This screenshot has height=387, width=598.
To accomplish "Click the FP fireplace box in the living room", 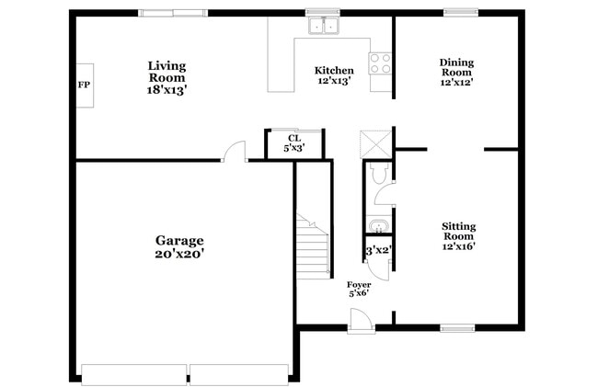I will [x=84, y=85].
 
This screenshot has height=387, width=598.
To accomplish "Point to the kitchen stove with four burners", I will [x=380, y=63].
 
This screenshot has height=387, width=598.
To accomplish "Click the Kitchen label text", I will [x=333, y=71].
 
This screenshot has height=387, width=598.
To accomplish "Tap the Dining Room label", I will [x=455, y=67].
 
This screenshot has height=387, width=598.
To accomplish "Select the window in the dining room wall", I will [x=457, y=13].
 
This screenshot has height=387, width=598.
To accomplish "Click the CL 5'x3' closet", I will [x=293, y=143].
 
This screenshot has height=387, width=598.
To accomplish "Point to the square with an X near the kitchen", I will [x=376, y=143].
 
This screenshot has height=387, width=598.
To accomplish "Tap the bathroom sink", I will [x=377, y=225].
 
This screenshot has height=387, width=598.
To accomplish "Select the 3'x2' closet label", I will [x=378, y=250].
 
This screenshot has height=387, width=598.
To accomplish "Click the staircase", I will [x=313, y=245].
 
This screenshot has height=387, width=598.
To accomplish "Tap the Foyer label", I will [x=359, y=285].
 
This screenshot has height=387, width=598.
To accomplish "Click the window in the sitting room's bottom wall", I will [x=456, y=327].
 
